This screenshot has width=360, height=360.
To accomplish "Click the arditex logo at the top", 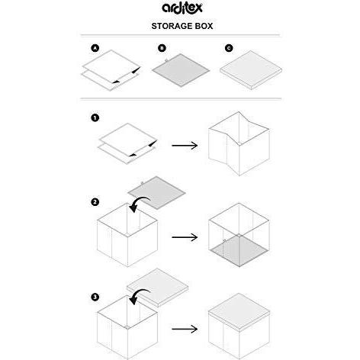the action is (182, 8).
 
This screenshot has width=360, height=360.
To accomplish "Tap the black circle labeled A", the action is (95, 48).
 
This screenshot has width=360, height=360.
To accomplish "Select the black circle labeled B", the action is (162, 48).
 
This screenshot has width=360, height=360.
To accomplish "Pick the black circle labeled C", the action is (229, 48).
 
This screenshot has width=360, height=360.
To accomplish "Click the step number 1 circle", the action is (95, 118).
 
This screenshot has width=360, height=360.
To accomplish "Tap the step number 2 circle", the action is (95, 202).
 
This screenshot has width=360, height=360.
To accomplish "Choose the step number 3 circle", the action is (95, 297).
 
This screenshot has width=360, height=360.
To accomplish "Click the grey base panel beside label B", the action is (181, 70).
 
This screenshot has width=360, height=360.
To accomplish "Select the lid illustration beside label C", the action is (251, 70).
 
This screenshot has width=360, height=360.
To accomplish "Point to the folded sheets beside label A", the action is (111, 70).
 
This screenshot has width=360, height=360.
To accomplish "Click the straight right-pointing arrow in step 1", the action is (185, 146).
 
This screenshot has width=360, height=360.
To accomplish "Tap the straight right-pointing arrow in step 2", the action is (185, 237).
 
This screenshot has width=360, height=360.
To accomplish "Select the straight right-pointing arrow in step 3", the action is (185, 329).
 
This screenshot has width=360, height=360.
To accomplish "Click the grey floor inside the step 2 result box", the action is (239, 250).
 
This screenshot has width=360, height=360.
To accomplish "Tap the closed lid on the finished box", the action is (239, 312).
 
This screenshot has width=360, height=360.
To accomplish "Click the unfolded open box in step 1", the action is (239, 143).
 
